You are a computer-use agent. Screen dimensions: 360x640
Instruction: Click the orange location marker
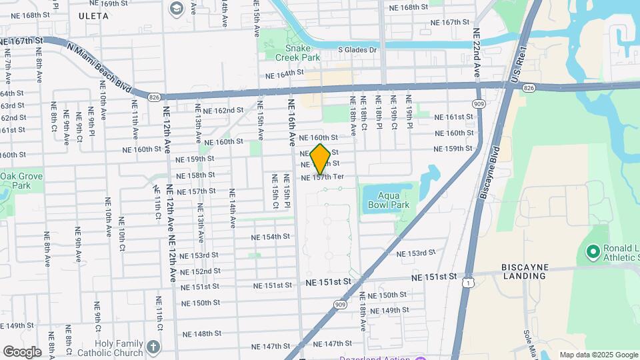tap(320, 159)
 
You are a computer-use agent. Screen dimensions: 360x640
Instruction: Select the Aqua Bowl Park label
tap(389, 200)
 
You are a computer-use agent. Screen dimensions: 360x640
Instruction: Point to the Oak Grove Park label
tap(15, 181)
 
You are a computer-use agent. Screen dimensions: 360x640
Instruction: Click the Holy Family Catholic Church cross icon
tap(153, 347)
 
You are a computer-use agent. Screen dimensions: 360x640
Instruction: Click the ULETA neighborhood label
tap(93, 15)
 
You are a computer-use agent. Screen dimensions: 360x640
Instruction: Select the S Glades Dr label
tap(357, 49)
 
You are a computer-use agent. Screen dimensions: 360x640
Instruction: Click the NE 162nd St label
tap(223, 111)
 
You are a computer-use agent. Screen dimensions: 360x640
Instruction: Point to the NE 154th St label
tap(271, 237)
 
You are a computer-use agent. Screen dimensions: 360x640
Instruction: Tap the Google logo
tap(21, 352)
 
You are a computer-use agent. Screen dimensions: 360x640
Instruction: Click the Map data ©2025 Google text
tap(598, 355)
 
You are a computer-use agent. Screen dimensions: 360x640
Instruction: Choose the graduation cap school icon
tap(177, 8)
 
